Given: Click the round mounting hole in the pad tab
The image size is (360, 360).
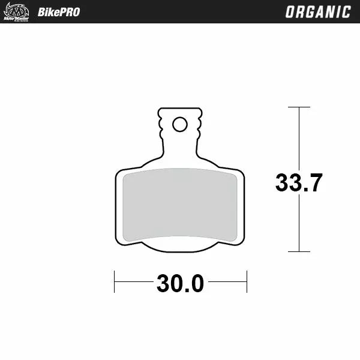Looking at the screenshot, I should point(179,124).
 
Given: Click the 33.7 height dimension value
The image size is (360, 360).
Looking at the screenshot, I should point(299,182).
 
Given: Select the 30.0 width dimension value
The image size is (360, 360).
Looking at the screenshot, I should point(180,283).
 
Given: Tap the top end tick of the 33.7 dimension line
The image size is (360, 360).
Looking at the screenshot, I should point(299,107).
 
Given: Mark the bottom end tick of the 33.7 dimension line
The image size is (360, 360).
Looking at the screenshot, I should point(299,252).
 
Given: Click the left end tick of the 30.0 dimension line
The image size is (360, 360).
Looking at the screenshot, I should point(115,281).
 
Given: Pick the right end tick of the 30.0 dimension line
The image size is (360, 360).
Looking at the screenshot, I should point(247,281).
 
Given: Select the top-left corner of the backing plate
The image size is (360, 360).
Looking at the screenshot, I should point(118,173).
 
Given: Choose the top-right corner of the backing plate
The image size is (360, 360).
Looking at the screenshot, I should point(241,173).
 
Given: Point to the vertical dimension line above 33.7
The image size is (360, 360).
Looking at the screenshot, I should point(299,138).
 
